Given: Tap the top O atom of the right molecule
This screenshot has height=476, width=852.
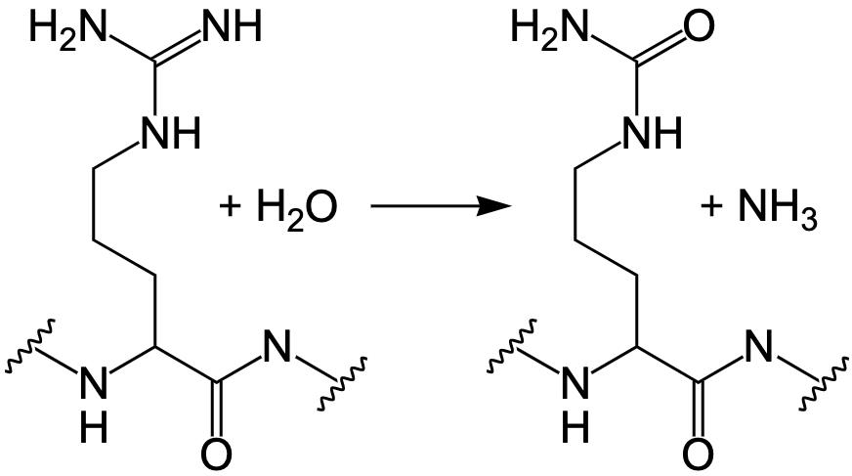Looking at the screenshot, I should (698, 26).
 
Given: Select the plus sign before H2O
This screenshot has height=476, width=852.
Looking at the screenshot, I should (232, 207).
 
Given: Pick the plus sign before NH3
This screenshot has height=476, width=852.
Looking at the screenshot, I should (711, 207).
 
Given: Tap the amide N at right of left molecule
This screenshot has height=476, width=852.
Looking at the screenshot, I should (278, 347).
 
